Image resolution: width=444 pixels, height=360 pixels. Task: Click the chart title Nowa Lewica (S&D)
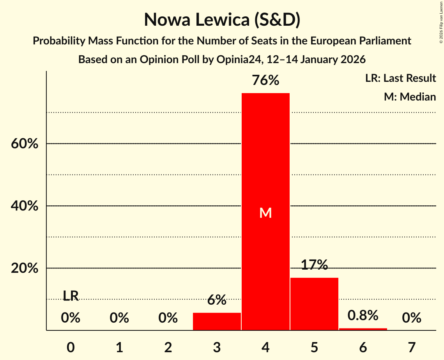coord(222,20)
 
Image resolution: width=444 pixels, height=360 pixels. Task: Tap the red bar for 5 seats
coord(314,304)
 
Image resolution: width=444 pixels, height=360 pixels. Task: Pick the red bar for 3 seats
coord(217,321)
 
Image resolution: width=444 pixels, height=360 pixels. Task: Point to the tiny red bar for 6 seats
coord(363,329)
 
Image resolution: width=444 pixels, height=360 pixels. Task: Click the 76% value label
coord(265,80)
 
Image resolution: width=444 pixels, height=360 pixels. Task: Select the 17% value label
coord(314,265)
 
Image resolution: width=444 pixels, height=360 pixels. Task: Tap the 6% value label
coord(217,300)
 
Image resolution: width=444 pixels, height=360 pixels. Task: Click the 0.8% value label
coord(363,316)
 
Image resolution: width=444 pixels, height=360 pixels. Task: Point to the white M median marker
coord(265,213)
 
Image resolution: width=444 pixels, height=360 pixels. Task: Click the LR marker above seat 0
coord(71,296)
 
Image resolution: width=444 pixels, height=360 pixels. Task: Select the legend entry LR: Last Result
coord(400,78)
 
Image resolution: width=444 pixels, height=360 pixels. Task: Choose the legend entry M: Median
coord(410,97)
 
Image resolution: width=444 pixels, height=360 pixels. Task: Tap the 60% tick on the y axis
coord(24,144)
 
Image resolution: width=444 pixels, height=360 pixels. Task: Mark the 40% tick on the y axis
coord(24,206)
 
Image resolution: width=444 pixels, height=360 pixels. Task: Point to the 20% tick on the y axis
coord(24,268)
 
